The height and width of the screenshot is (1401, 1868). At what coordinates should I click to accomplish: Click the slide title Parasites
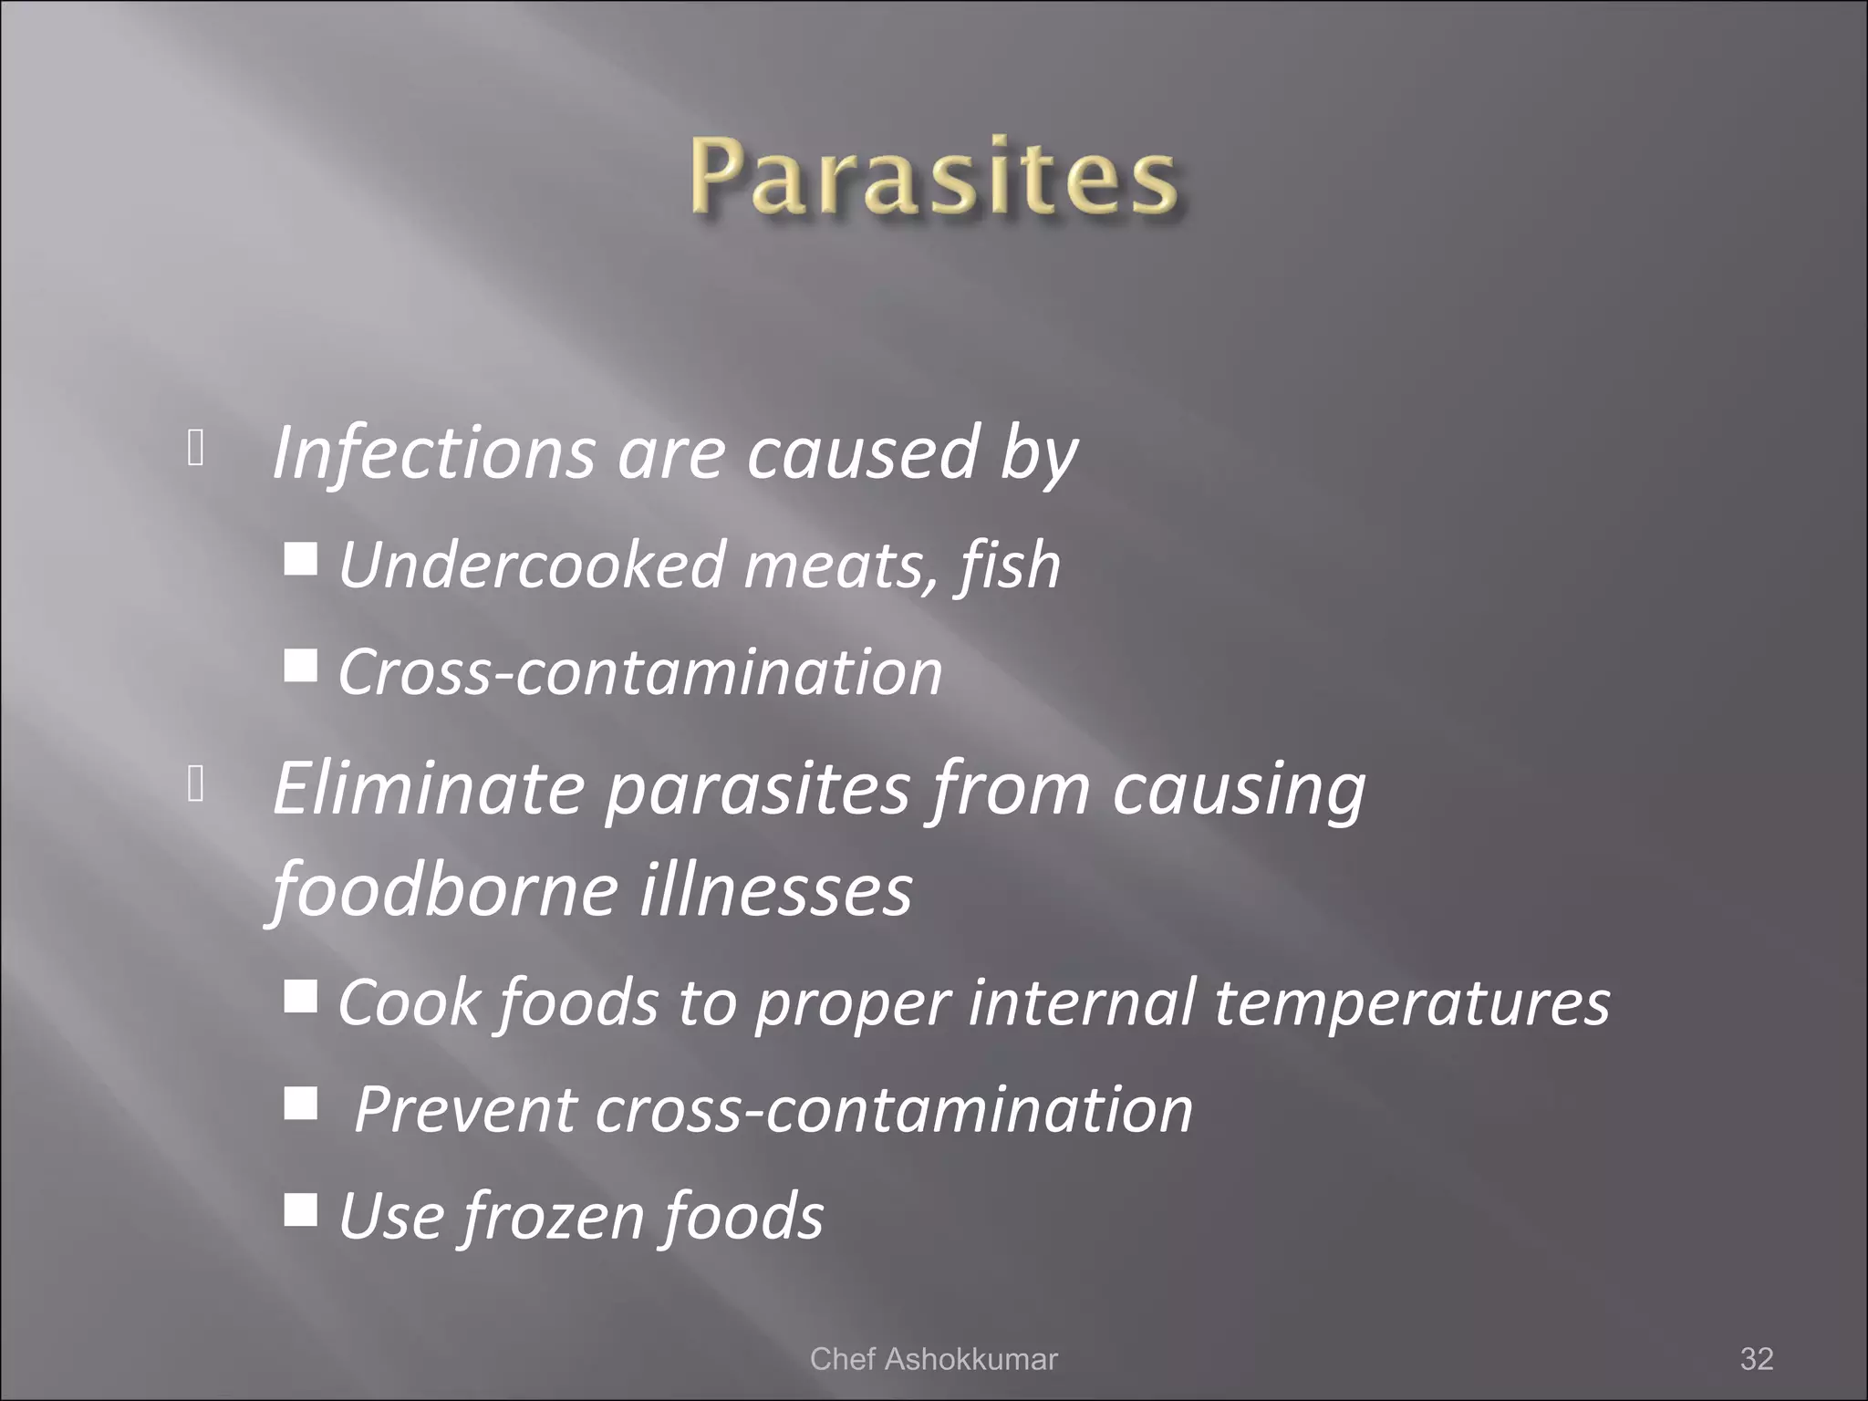pos(933,175)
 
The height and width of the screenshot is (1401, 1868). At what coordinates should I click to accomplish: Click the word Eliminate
pos(428,788)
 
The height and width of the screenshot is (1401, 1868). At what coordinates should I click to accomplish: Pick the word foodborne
pos(445,889)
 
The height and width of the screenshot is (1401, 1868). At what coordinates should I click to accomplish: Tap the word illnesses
pos(775,889)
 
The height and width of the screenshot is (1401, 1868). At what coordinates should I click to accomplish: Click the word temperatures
pos(1411,1002)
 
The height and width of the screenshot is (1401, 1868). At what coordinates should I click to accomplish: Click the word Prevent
pos(465,1110)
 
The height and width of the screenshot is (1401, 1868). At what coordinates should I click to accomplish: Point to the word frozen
pos(553,1216)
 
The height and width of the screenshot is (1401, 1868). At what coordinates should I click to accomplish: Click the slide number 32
pos(1757,1358)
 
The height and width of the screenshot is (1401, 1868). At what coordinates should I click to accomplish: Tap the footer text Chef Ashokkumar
pos(933,1358)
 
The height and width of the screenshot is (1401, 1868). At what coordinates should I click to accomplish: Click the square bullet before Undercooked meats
pos(300,558)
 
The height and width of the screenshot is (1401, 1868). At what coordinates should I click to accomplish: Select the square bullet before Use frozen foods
pos(300,1209)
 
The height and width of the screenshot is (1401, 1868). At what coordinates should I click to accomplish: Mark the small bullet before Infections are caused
pos(194,447)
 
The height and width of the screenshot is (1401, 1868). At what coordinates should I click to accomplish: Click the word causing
pos(1238,788)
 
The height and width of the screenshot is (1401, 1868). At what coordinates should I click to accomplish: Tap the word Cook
pos(409,1002)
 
